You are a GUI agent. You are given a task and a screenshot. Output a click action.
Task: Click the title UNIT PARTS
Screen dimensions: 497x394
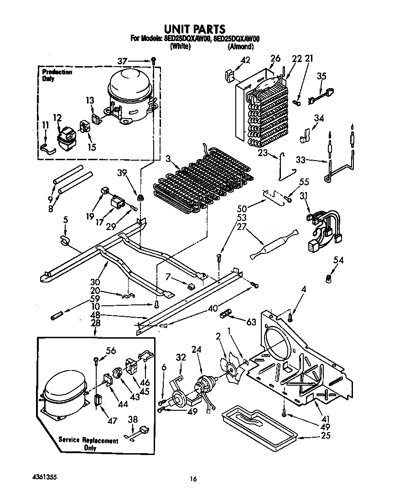pos(195,30)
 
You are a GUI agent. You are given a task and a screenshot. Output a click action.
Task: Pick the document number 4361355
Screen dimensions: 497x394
pos(45,476)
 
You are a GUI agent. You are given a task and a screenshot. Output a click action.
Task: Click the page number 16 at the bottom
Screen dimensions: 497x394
pos(194,479)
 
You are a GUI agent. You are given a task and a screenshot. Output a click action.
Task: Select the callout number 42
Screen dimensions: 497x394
pos(245,60)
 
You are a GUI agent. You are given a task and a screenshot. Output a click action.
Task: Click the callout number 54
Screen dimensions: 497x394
pos(338,260)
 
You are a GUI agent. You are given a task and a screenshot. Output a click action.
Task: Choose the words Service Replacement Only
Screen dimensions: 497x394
pos(88,444)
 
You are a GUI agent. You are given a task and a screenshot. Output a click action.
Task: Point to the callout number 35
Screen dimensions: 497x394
pos(322,76)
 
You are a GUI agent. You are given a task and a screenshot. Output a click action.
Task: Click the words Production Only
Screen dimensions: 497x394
pos(57,75)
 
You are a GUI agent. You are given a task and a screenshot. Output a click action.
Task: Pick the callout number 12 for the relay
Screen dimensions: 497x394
pos(57,118)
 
